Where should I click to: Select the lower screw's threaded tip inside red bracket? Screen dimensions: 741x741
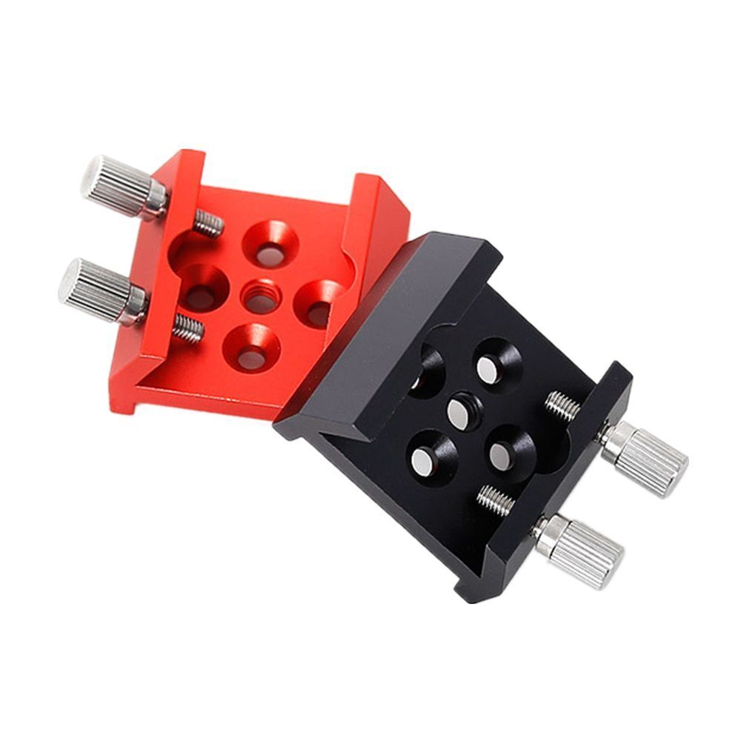[188, 328]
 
